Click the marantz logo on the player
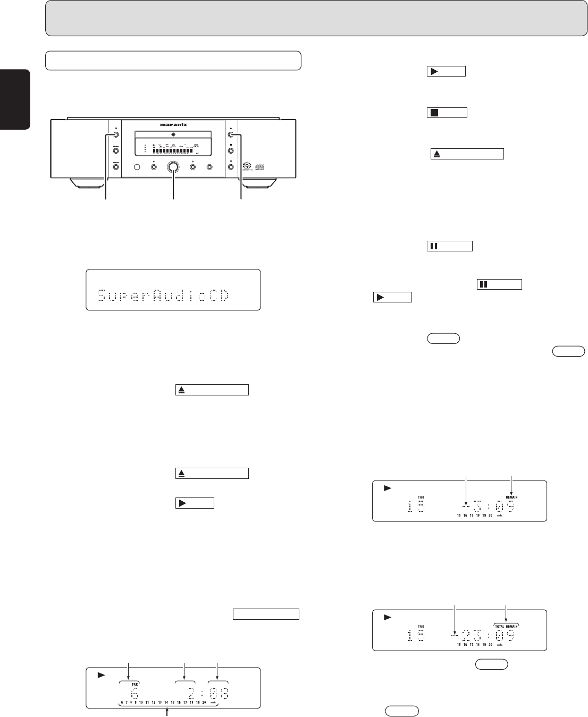point(174,125)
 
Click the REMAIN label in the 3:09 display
point(511,497)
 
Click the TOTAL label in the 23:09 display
point(499,626)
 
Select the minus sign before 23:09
point(454,635)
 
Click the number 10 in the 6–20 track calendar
point(141,703)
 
